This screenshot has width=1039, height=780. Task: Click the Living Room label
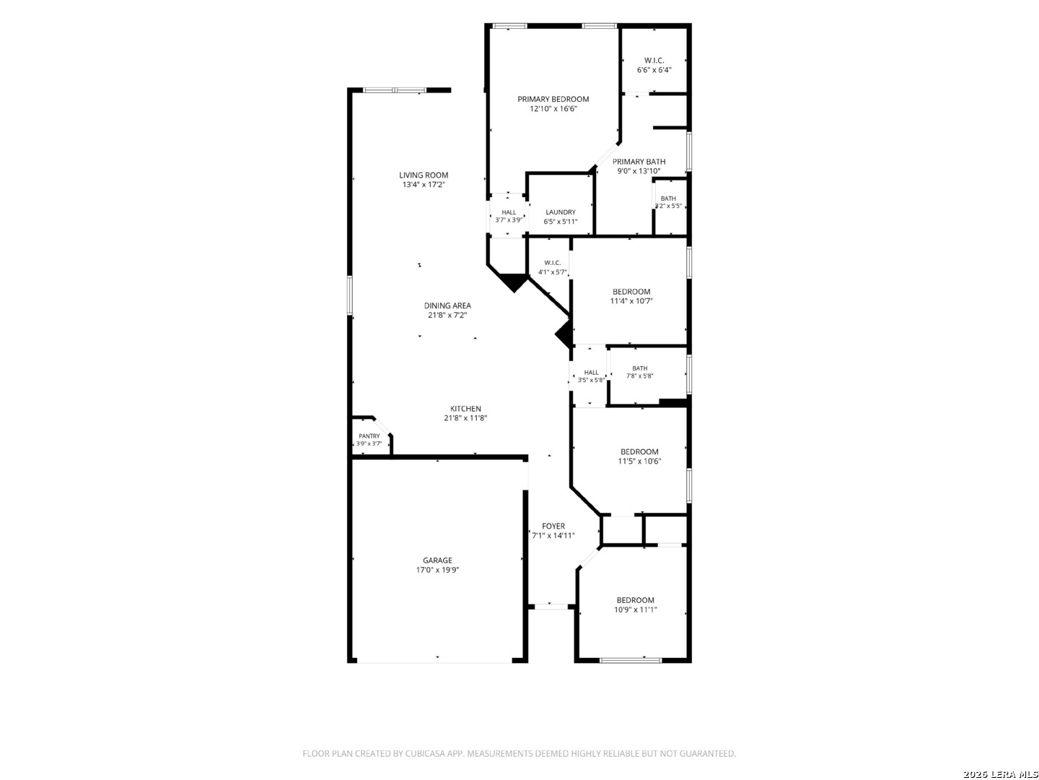click(x=423, y=175)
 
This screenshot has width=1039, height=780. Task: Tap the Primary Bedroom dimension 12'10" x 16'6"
click(x=553, y=108)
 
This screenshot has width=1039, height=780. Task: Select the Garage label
click(x=437, y=560)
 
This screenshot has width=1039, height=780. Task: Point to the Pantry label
click(x=369, y=435)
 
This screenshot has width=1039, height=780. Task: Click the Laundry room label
click(x=561, y=212)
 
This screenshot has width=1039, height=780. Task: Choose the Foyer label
click(x=553, y=526)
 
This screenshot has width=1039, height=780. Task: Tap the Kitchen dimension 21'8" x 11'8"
click(x=465, y=417)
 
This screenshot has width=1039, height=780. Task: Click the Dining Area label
click(x=447, y=305)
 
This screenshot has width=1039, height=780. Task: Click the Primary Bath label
click(x=639, y=162)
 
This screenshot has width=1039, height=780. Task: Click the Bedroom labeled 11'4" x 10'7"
click(x=631, y=292)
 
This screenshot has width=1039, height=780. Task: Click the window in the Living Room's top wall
click(x=394, y=90)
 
